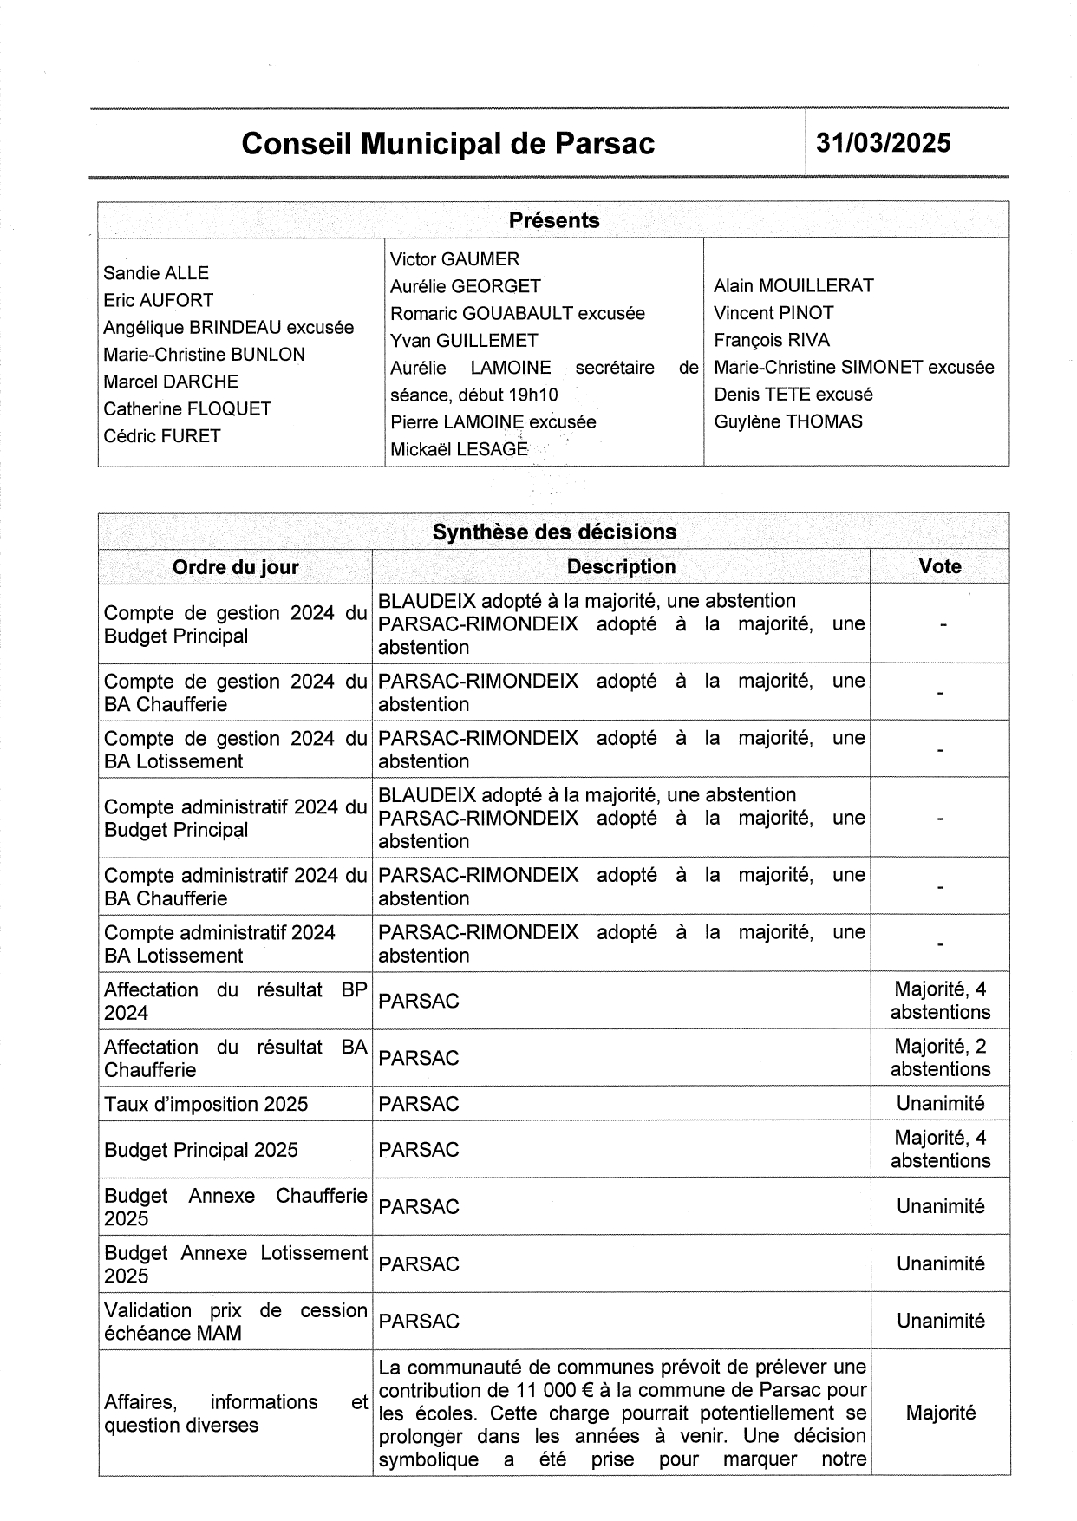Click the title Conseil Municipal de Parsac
tap(447, 144)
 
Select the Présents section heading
tap(553, 220)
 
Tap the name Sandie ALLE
tap(156, 273)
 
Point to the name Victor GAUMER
tap(454, 259)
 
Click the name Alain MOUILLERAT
tap(793, 286)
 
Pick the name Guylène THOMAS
tap(788, 422)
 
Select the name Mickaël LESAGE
tap(459, 449)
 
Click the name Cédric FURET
tap(162, 436)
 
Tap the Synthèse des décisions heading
tap(553, 532)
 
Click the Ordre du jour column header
tap(235, 567)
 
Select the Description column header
tap(621, 567)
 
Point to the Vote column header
tap(940, 567)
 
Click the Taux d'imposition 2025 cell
tap(206, 1104)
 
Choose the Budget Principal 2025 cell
tap(200, 1150)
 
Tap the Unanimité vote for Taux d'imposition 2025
tap(940, 1104)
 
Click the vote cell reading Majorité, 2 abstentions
tap(940, 1058)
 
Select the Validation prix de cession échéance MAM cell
tap(235, 1322)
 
